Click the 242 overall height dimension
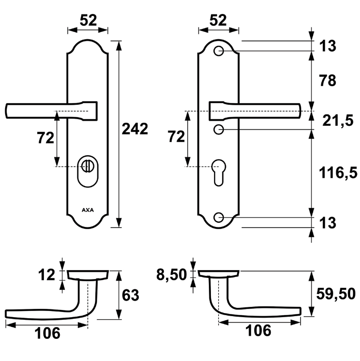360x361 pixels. click(135, 128)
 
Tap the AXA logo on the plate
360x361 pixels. click(88, 210)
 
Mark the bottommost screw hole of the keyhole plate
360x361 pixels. click(219, 217)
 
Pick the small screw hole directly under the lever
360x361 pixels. click(219, 128)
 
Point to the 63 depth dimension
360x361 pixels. click(131, 295)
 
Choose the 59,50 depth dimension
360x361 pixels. click(335, 293)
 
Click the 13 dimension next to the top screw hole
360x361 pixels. click(328, 46)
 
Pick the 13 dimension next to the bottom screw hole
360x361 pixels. click(328, 223)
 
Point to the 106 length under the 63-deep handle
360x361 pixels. click(47, 334)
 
